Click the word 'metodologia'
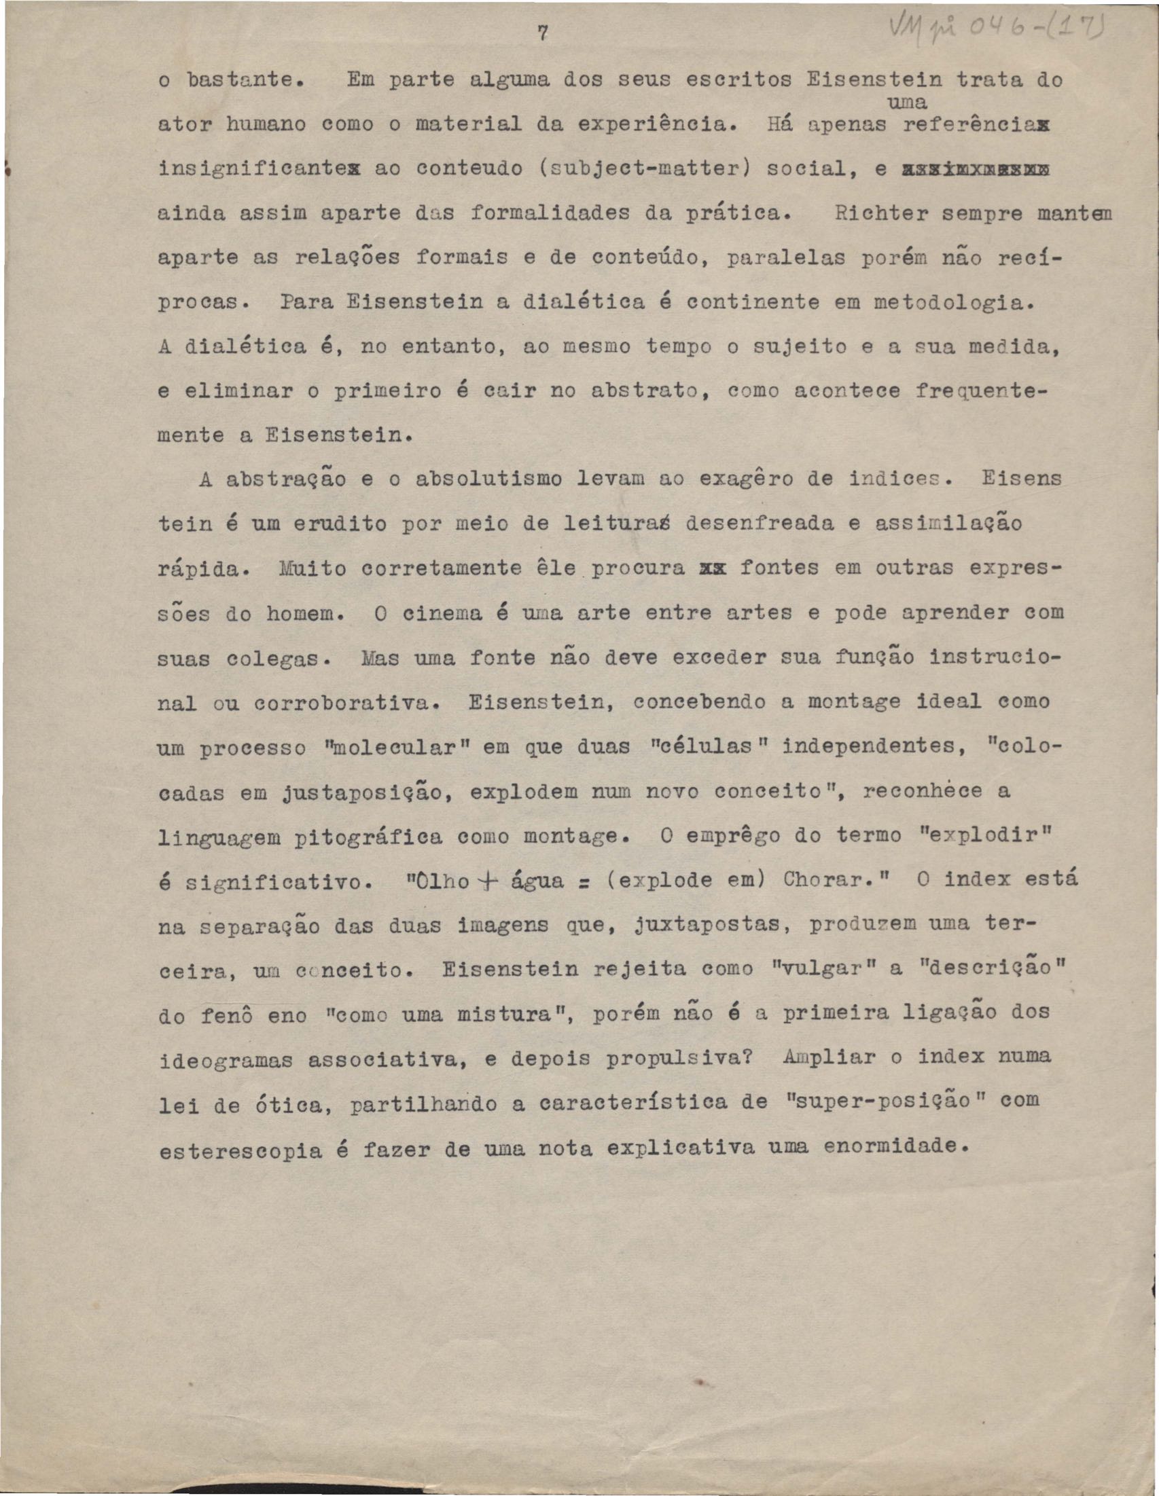pos(952,302)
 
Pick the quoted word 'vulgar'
pos(815,970)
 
